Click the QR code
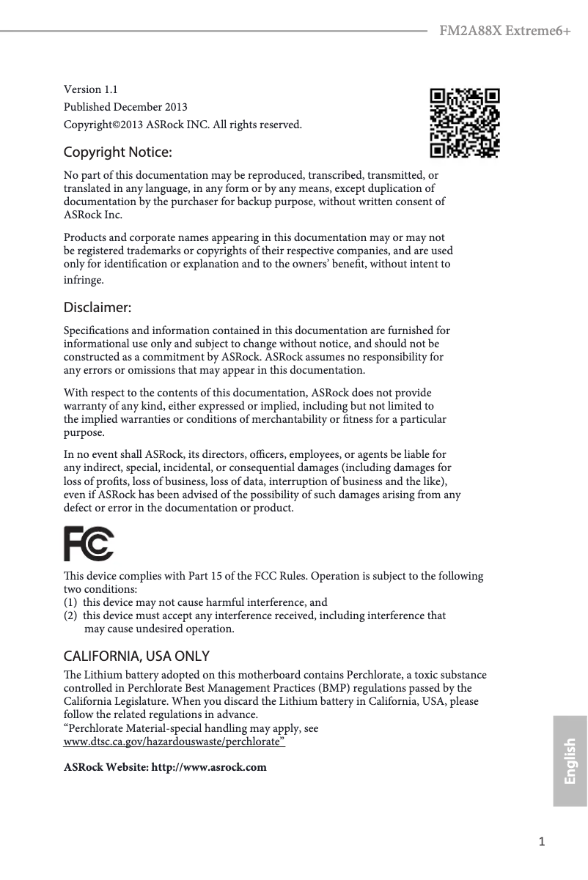[x=465, y=123]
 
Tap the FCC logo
[x=89, y=544]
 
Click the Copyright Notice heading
[x=118, y=153]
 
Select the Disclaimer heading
[x=98, y=306]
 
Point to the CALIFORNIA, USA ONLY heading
[x=136, y=655]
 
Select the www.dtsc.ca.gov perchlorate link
[x=174, y=742]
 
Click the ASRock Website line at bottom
[x=165, y=768]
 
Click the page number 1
[x=542, y=842]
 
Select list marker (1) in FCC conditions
[x=71, y=602]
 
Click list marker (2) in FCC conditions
[x=71, y=615]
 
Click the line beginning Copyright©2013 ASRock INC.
[x=183, y=125]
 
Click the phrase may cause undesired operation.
[x=159, y=629]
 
